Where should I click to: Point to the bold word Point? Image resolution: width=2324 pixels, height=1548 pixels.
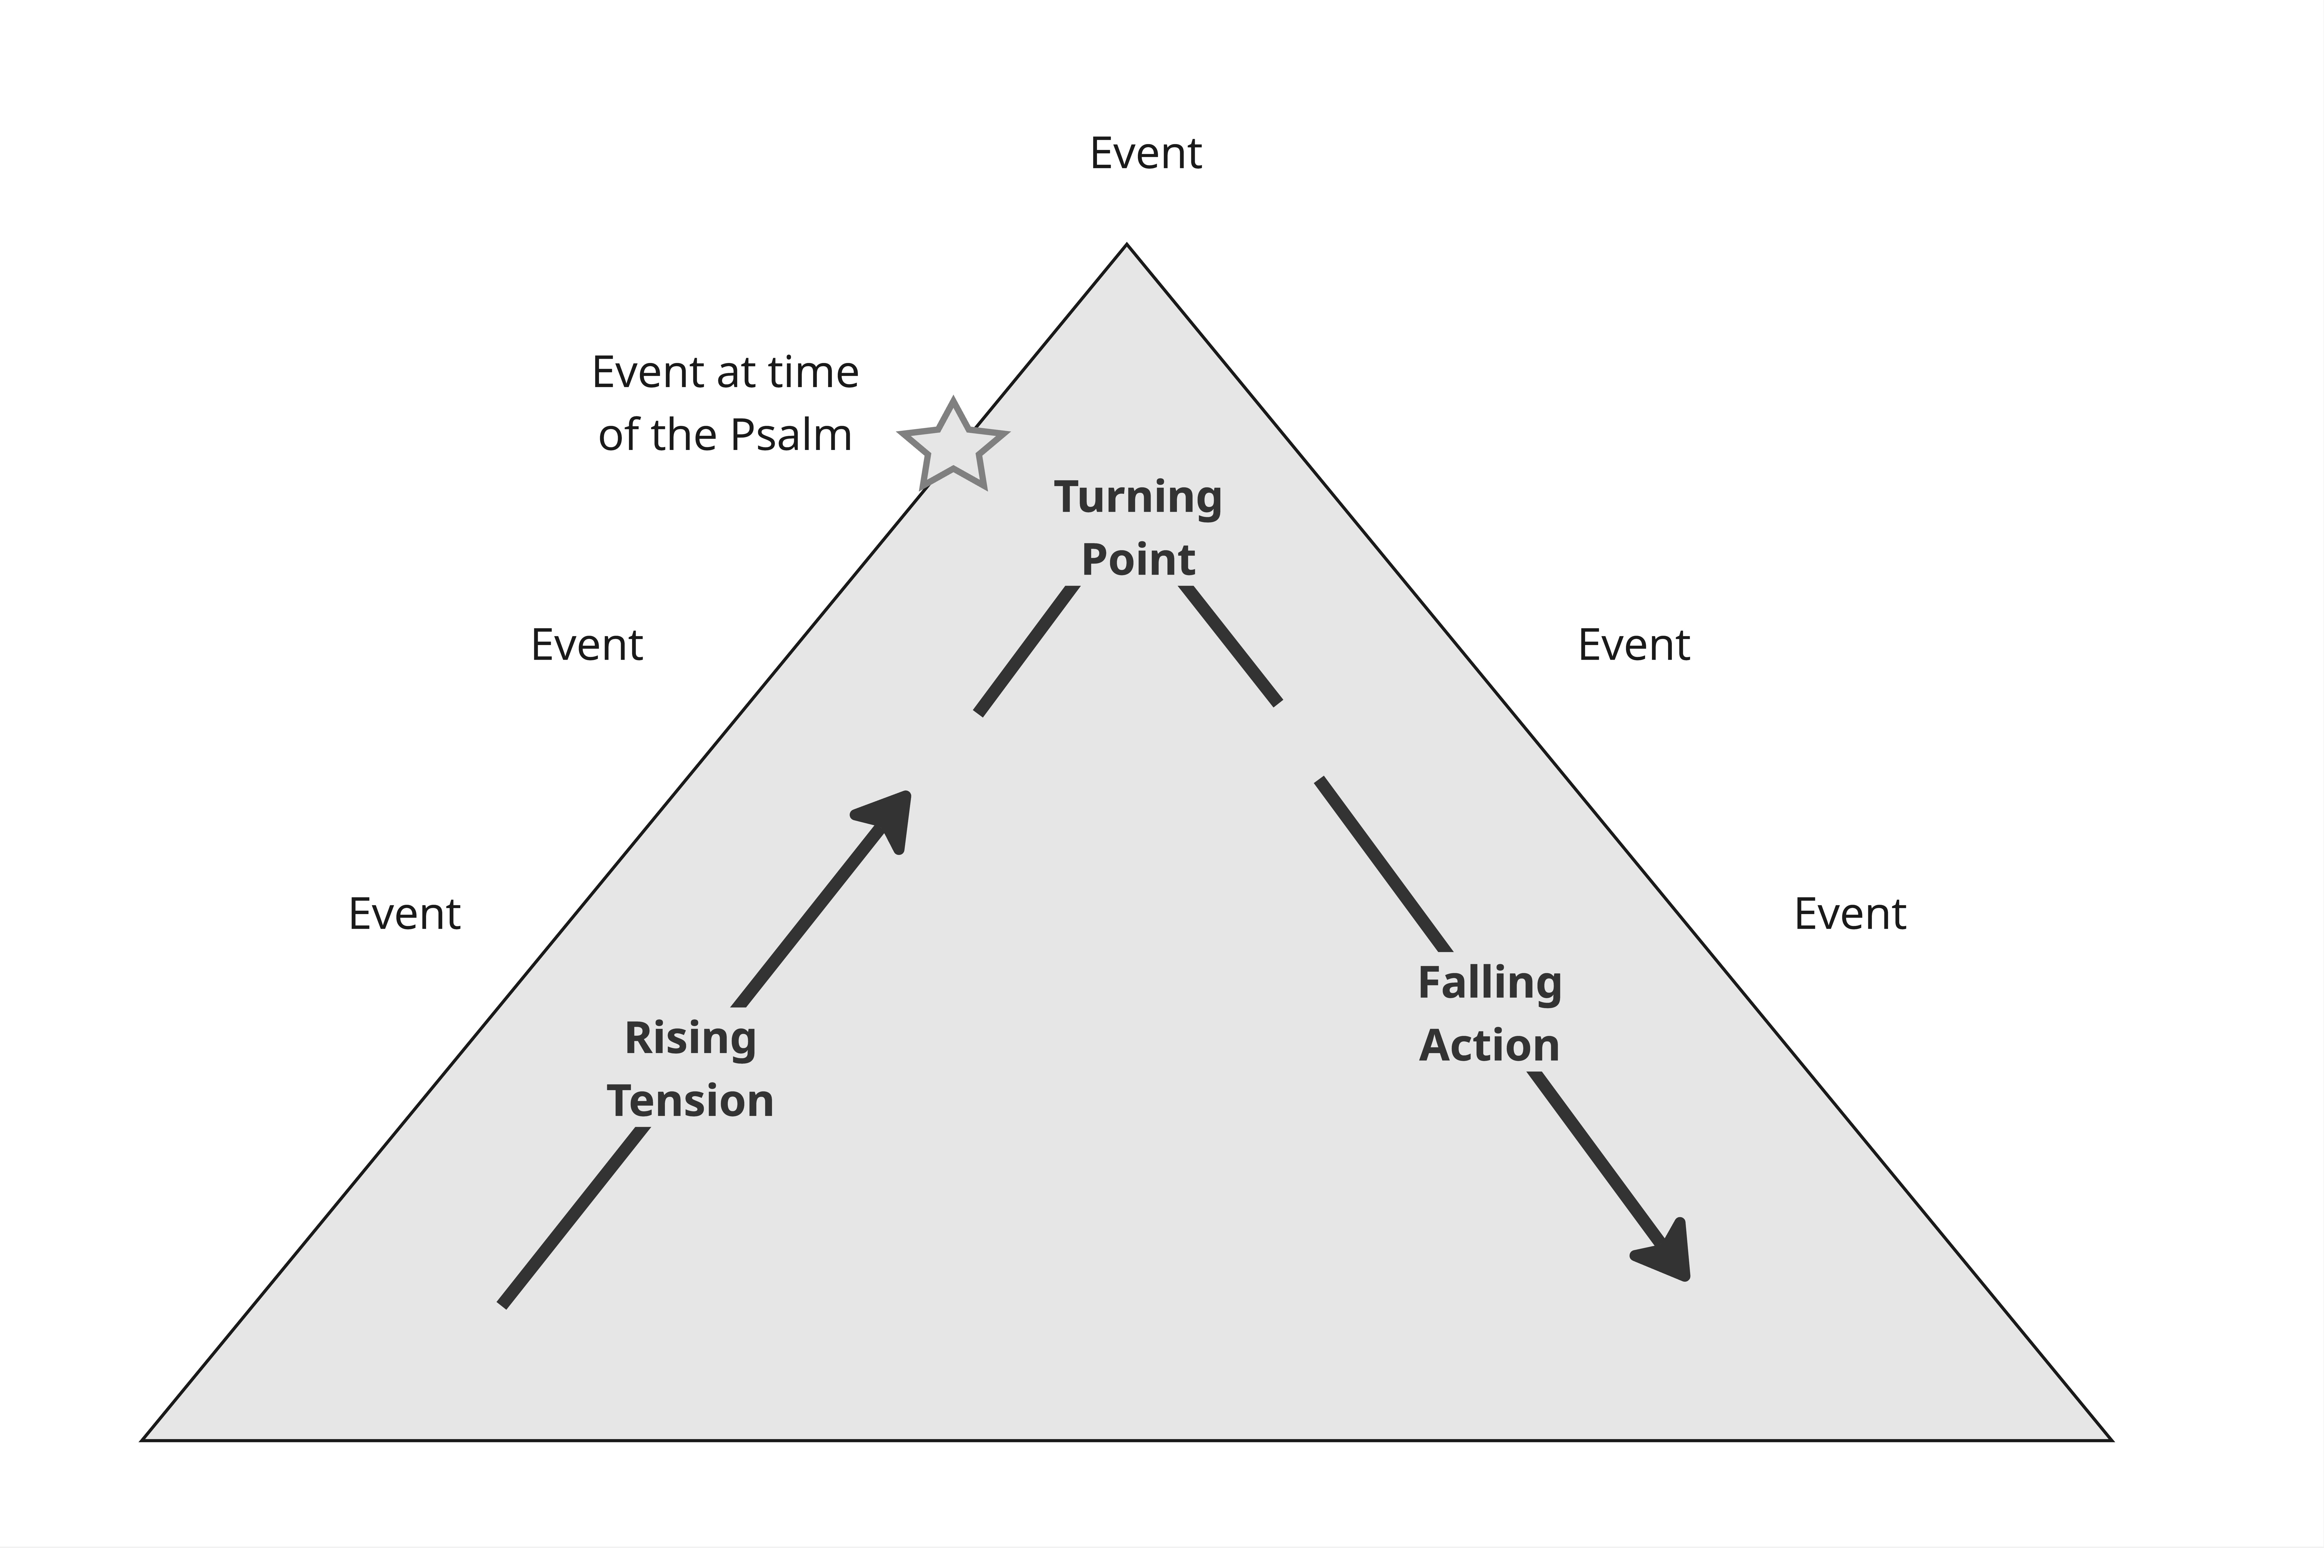point(1138,560)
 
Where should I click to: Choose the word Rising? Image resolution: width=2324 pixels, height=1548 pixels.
point(690,1039)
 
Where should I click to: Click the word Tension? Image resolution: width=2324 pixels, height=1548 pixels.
point(690,1101)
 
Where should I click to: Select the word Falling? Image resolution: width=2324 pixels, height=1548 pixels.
point(1489,983)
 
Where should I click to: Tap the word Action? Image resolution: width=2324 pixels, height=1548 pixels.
point(1489,1045)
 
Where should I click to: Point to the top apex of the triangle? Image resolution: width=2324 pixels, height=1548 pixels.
point(1127,245)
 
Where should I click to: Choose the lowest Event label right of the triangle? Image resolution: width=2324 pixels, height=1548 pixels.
point(1850,914)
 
